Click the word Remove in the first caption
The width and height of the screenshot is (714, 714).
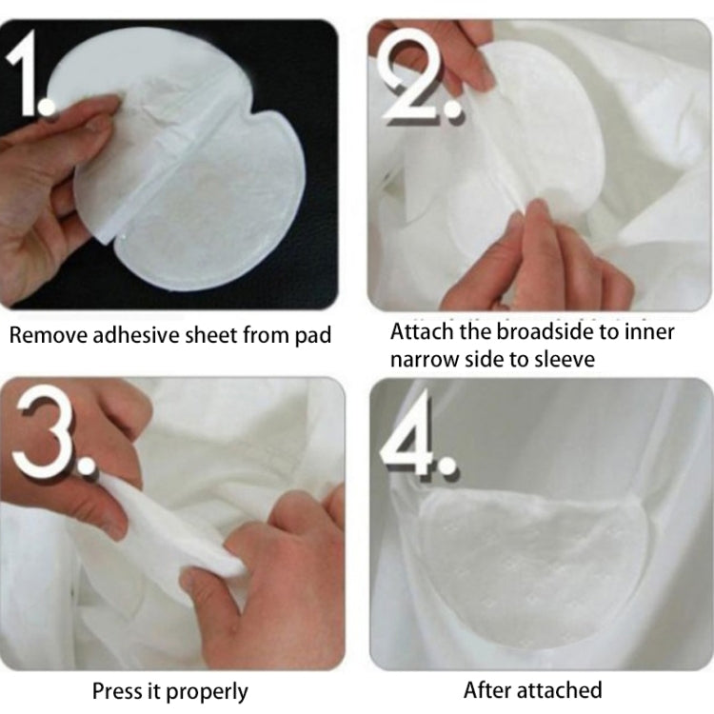click(46, 335)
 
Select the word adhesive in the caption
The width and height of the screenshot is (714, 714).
click(129, 335)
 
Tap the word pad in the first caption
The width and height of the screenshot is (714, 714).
click(314, 335)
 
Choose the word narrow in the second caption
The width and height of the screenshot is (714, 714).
click(426, 360)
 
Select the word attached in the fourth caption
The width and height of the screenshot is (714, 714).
click(562, 689)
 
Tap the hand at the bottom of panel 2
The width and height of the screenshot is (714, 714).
click(562, 257)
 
